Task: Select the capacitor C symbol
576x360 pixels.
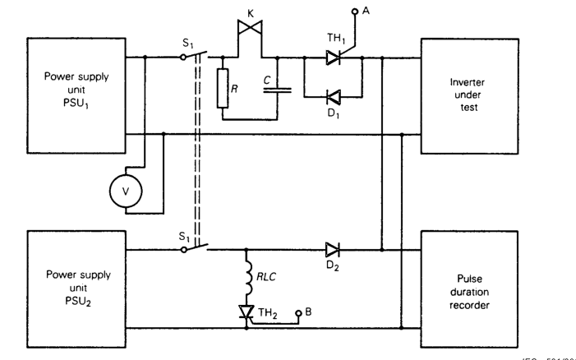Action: [276, 85]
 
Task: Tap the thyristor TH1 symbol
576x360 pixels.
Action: [332, 57]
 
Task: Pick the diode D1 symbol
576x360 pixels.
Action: [332, 96]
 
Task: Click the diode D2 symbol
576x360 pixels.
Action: [332, 247]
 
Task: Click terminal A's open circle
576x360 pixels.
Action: [355, 12]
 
